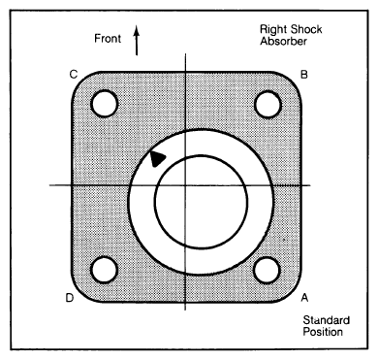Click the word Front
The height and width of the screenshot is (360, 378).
108,39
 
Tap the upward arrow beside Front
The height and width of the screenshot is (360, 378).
137,41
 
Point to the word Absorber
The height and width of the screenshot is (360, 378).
284,42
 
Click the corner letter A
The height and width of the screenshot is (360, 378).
304,297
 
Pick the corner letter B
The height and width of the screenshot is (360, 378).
304,75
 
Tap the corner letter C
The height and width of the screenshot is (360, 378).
74,75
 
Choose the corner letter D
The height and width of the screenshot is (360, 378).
70,298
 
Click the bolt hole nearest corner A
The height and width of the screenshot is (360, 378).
267,271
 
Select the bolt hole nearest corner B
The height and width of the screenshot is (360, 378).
268,105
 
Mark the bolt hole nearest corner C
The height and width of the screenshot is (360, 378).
104,104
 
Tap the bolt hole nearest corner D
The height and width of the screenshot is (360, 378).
104,270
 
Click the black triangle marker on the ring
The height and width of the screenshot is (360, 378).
157,159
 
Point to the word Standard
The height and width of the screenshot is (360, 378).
327,320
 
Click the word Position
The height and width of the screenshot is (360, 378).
323,332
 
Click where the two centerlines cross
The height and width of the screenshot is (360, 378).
185,185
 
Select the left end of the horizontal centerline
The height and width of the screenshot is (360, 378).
49,185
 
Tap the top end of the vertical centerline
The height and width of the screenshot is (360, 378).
185,53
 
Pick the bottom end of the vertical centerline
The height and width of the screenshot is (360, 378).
185,311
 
